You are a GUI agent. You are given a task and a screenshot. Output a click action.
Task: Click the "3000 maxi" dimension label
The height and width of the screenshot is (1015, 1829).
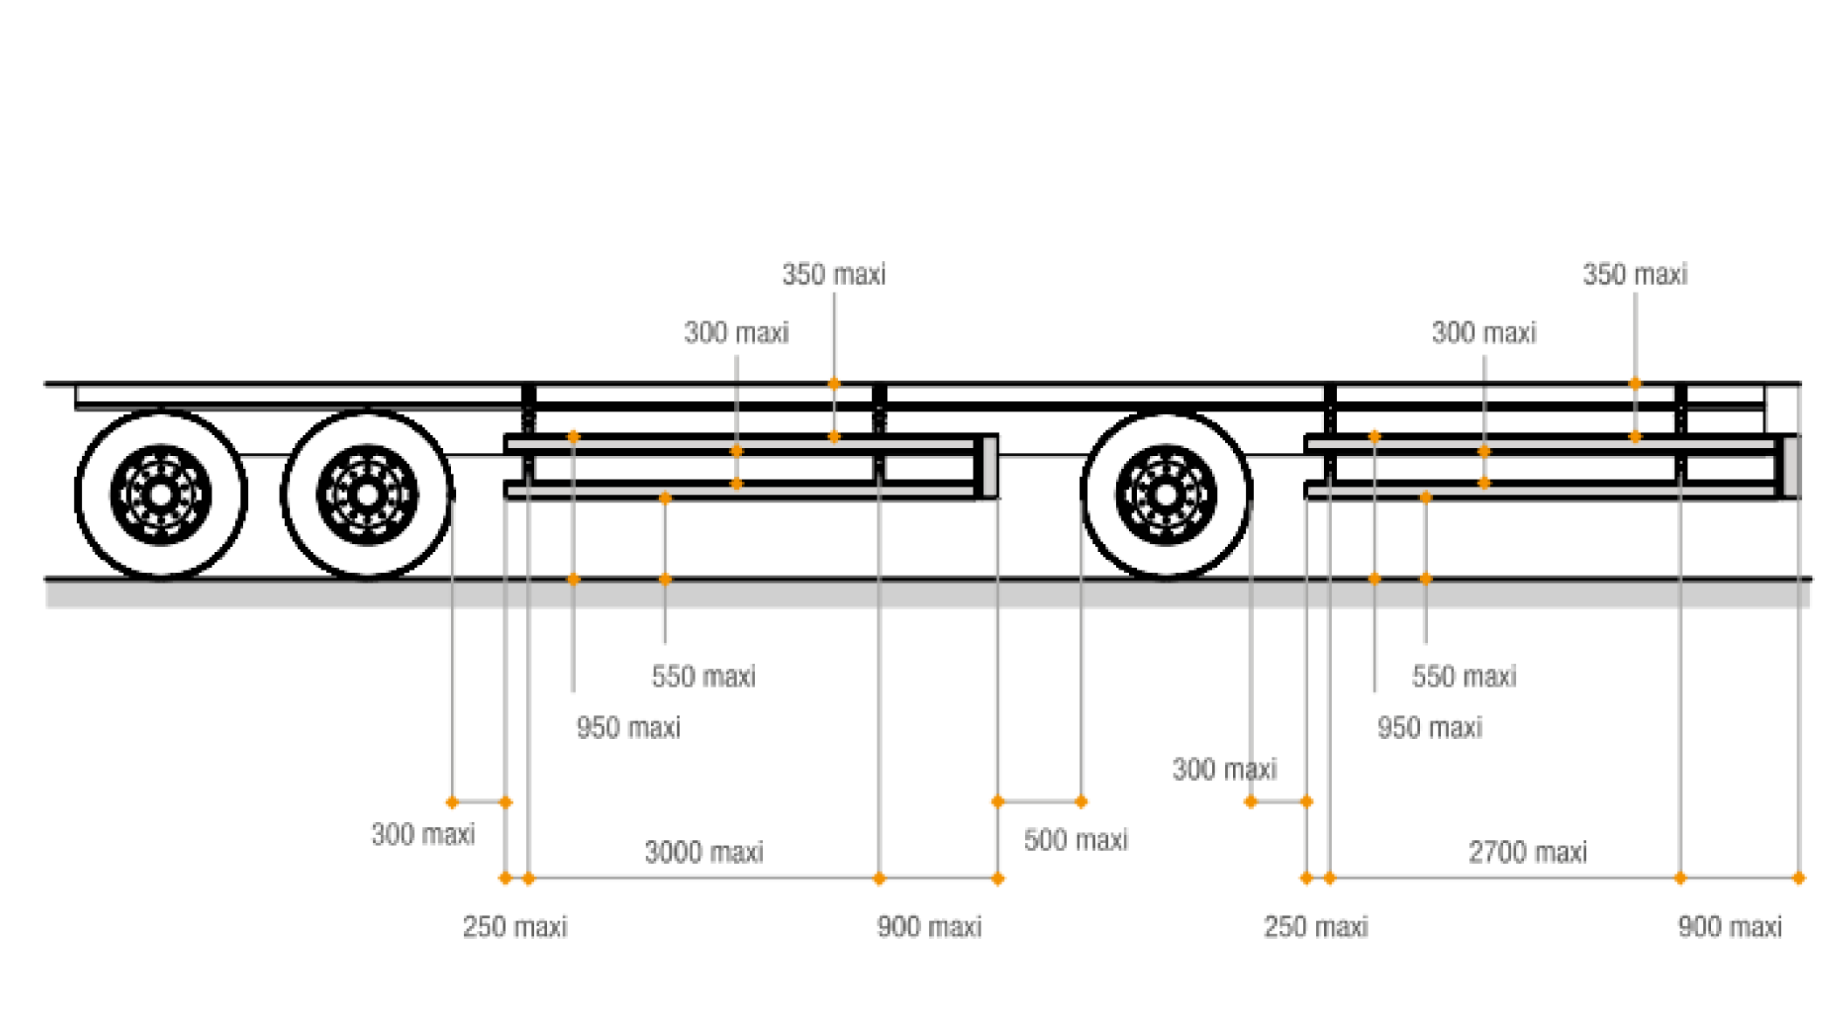click(704, 852)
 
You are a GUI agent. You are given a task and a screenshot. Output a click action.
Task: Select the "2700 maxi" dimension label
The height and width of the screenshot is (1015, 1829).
click(1528, 852)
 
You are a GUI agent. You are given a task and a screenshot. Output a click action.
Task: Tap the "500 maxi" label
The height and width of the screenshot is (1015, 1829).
click(1076, 839)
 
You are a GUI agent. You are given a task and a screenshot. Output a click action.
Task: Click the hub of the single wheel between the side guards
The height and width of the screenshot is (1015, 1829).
click(1166, 495)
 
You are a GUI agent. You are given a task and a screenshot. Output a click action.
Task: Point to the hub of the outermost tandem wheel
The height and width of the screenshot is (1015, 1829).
click(161, 495)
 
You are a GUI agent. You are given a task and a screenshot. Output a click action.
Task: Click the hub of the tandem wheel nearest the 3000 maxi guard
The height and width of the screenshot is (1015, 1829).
click(367, 495)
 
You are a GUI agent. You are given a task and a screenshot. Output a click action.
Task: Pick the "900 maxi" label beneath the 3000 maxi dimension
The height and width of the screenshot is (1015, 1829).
click(929, 927)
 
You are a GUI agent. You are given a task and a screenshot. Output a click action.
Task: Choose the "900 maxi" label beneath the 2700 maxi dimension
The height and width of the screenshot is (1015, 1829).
click(1729, 927)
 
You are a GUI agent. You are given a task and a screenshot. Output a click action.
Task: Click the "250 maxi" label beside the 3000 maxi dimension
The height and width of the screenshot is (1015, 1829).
click(515, 927)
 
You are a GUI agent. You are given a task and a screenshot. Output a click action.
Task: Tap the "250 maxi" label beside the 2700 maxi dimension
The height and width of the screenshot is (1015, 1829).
click(1315, 927)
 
